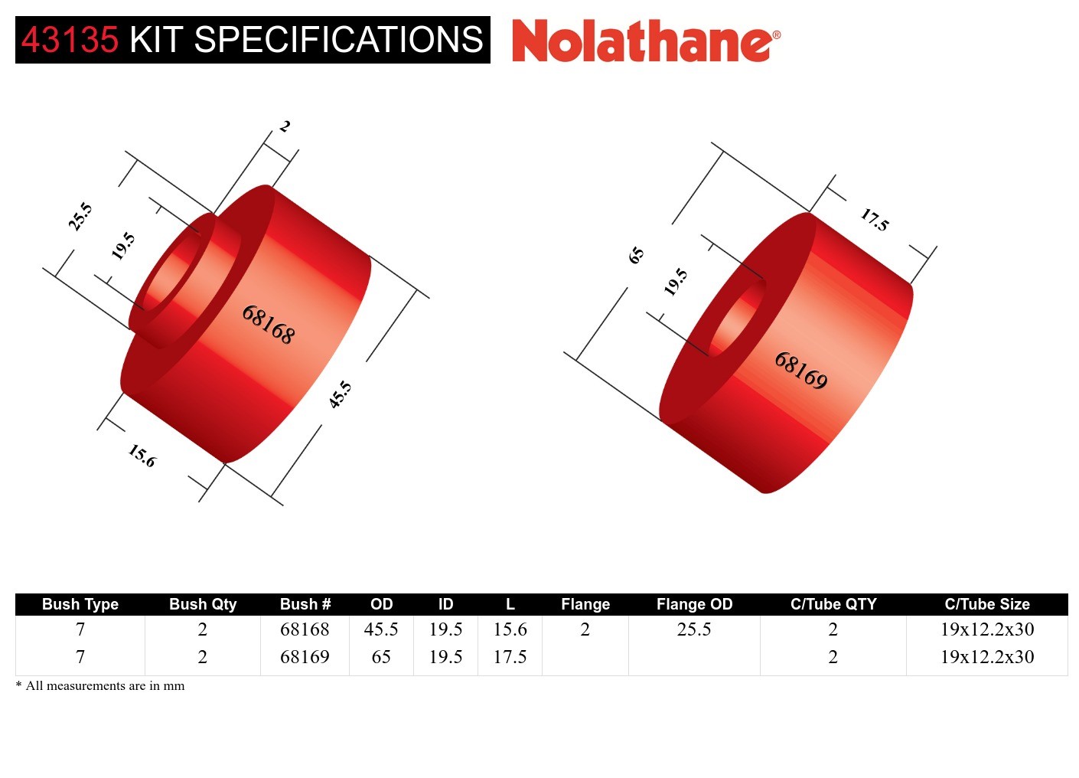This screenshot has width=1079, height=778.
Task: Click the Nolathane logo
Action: [x=645, y=41]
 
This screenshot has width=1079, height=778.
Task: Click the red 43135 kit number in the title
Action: [x=70, y=40]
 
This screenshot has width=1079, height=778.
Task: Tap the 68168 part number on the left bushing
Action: [x=268, y=324]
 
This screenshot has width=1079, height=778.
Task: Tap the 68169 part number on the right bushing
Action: [x=800, y=371]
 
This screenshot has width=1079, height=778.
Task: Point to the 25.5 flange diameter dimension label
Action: [x=80, y=217]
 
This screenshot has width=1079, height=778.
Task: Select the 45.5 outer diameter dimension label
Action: [x=340, y=394]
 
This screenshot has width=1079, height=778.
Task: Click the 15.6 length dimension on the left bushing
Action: [x=142, y=456]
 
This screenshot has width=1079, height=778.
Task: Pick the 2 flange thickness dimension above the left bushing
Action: [x=285, y=126]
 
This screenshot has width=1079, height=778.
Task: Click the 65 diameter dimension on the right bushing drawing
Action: [x=636, y=255]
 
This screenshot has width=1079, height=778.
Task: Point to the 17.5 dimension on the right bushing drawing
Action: [x=874, y=220]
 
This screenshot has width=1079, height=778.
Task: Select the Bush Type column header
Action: [x=80, y=604]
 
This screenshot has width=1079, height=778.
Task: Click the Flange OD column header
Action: [x=694, y=604]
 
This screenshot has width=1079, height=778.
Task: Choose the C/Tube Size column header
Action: [x=986, y=604]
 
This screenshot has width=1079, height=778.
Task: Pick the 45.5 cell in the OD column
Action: [x=381, y=629]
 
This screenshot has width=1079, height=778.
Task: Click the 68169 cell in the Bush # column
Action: [x=305, y=657]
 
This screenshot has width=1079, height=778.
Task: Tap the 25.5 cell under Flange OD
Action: [x=694, y=629]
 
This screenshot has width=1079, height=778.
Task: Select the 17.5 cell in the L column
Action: [x=510, y=657]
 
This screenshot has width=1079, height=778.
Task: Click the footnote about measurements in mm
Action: [x=100, y=685]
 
